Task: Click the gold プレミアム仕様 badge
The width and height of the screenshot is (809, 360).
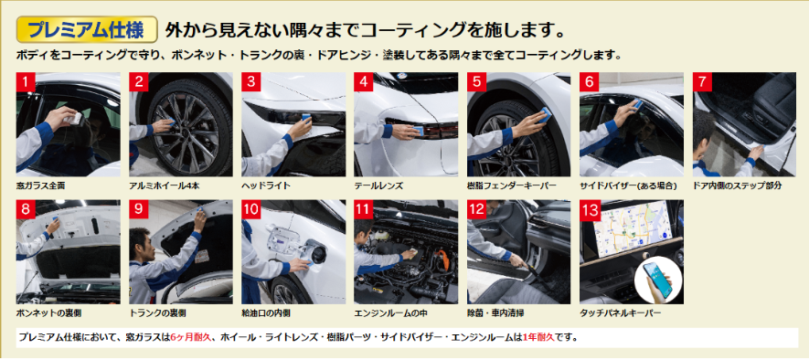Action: coord(87,30)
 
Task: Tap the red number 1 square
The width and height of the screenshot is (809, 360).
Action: coord(26,82)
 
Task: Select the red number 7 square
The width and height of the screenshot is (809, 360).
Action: coord(702,82)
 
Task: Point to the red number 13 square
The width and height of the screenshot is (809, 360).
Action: coord(590,209)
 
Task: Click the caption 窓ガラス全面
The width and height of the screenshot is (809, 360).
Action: coord(41,185)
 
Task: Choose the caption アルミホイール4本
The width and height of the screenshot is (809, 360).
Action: coord(163,185)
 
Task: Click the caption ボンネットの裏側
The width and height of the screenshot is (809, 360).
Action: coord(49,313)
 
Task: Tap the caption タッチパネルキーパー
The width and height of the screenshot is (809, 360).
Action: coord(621,313)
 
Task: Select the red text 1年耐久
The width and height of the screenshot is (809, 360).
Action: coord(538,338)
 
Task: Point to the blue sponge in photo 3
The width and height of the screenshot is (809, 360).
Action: coord(306,118)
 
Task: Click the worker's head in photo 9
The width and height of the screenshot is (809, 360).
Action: coord(142,242)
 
